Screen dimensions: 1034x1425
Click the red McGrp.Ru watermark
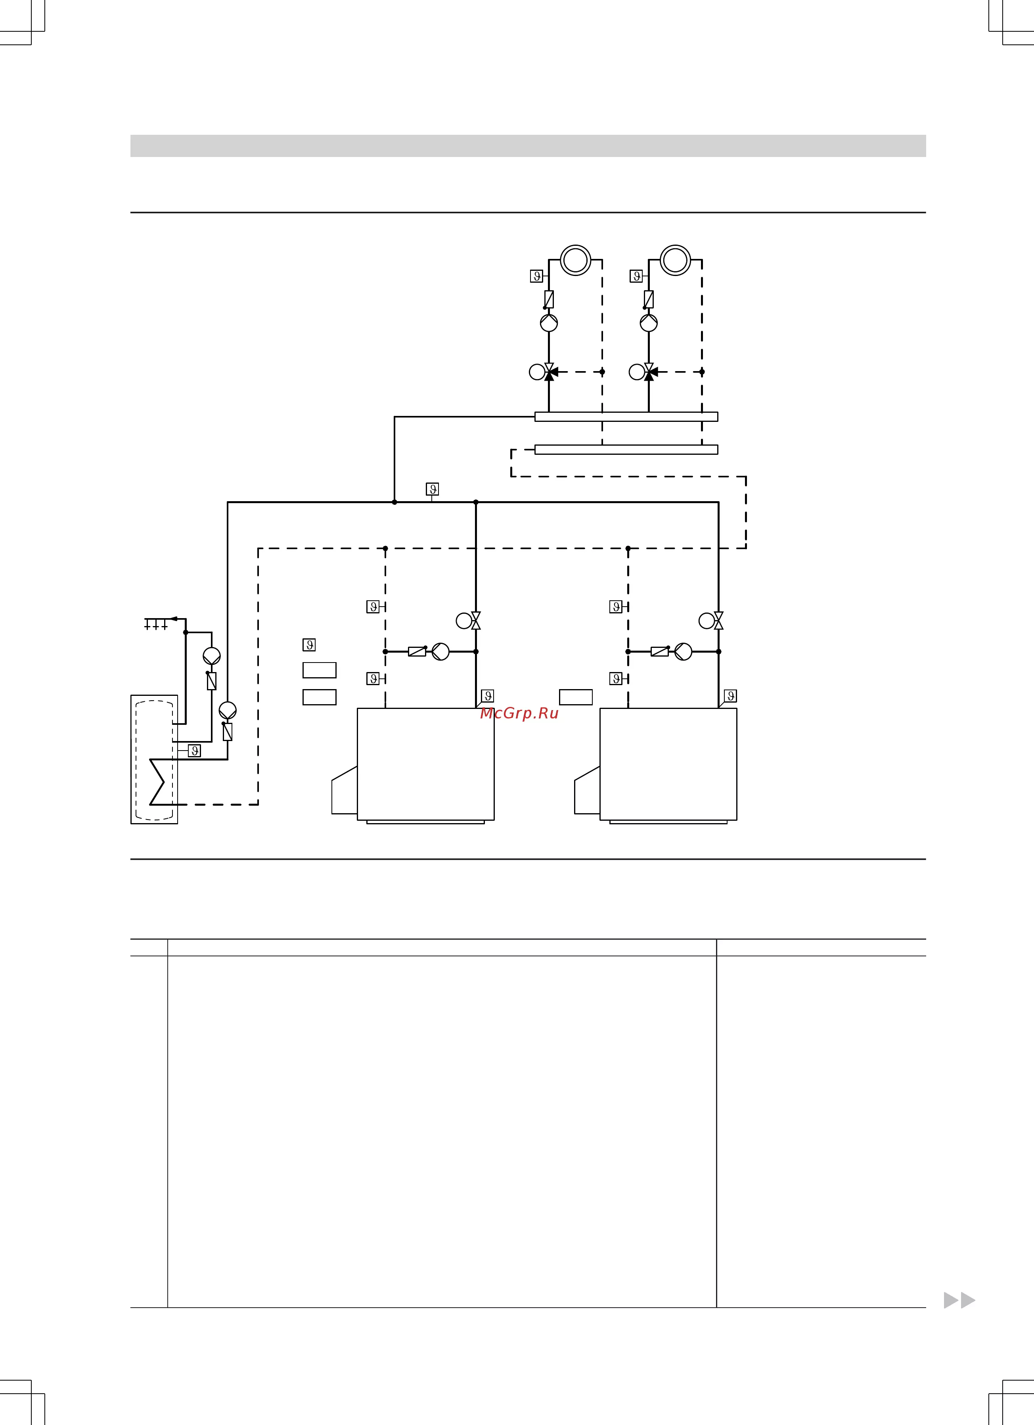[x=519, y=713]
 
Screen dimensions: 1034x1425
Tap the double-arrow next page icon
[x=959, y=1300]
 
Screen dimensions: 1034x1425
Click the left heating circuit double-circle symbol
[x=575, y=260]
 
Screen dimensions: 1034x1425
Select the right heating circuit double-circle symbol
[x=675, y=260]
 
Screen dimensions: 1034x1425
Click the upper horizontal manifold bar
[x=626, y=417]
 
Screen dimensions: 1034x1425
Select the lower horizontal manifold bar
[x=626, y=449]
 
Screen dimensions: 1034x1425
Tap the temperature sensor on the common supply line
[x=432, y=489]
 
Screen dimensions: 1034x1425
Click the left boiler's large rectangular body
[x=426, y=764]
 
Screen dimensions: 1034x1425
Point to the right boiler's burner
[x=587, y=790]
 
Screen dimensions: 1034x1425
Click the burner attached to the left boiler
[x=344, y=790]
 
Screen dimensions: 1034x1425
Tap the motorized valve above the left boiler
[x=469, y=621]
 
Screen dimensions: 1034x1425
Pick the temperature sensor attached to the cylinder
[x=195, y=751]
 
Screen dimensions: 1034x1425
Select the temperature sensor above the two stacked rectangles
[x=309, y=645]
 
